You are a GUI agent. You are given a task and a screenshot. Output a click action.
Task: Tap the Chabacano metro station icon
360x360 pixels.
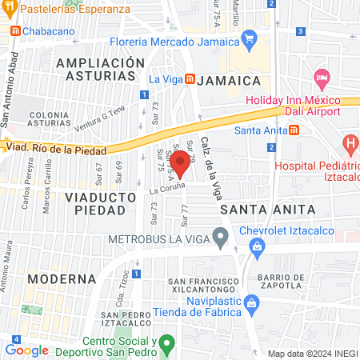tap(14, 30)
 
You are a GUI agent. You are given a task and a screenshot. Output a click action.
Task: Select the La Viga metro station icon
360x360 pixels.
tap(190, 79)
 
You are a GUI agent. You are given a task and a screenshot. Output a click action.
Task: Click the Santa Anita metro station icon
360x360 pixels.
tap(294, 130)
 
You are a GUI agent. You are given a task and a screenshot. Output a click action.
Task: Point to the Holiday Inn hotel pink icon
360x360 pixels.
tap(322, 80)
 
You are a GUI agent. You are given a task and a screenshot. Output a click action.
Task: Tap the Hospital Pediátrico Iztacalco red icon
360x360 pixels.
tap(350, 145)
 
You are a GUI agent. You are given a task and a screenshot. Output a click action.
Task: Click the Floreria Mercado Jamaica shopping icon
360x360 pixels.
tap(249, 37)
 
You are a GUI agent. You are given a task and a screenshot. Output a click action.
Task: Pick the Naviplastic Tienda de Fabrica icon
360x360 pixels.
tap(252, 303)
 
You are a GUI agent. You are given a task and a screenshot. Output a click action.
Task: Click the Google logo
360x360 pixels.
tap(26, 350)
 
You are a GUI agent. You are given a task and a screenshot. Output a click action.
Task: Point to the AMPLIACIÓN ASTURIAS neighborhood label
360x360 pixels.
tap(101, 69)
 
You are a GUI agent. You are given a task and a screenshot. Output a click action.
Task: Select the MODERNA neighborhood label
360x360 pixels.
tap(61, 279)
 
